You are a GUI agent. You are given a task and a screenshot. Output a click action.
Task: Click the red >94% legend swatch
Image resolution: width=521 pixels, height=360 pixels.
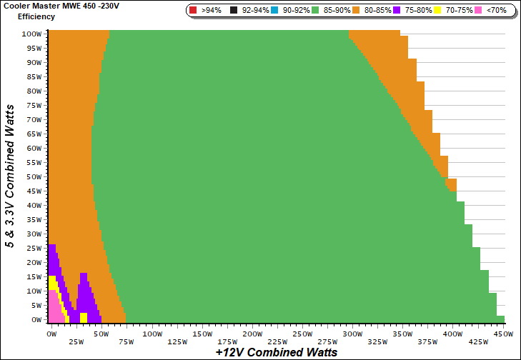click(x=194, y=11)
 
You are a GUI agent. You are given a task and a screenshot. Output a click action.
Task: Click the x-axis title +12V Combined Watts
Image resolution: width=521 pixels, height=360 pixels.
click(x=276, y=352)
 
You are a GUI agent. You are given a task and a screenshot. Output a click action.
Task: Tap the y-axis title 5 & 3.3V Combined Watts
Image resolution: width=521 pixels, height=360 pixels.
click(x=10, y=175)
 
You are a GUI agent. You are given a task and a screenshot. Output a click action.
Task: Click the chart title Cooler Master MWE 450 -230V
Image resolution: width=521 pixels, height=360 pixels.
click(x=57, y=6)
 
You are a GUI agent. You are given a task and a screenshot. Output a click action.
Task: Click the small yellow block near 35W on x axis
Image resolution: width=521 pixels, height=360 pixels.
click(x=84, y=317)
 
